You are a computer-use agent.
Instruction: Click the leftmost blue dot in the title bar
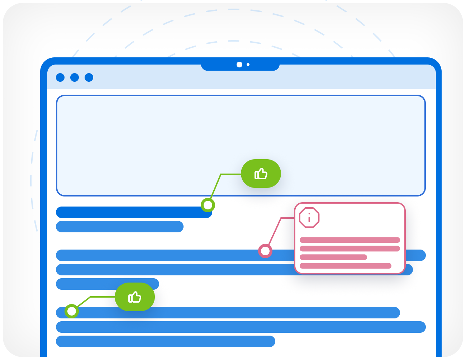(x=60, y=77)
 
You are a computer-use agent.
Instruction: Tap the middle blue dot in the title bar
(x=75, y=77)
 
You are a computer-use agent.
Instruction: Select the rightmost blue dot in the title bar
(x=89, y=77)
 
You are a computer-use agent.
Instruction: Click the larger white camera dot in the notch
(x=239, y=65)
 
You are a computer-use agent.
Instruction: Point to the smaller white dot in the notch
(x=248, y=65)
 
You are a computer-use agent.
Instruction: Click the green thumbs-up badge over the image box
(x=261, y=174)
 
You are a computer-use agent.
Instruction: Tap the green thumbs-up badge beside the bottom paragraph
(x=135, y=297)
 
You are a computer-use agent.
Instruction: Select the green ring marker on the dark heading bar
(x=208, y=205)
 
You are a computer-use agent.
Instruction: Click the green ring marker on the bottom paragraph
(x=72, y=311)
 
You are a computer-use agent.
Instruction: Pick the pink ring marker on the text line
(x=265, y=251)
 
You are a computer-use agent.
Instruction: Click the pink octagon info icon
(x=309, y=217)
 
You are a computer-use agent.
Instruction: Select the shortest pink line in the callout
(x=333, y=257)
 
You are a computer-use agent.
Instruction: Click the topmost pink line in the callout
(x=350, y=240)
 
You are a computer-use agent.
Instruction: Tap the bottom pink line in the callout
(x=346, y=266)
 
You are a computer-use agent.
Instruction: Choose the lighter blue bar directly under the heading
(x=120, y=227)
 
